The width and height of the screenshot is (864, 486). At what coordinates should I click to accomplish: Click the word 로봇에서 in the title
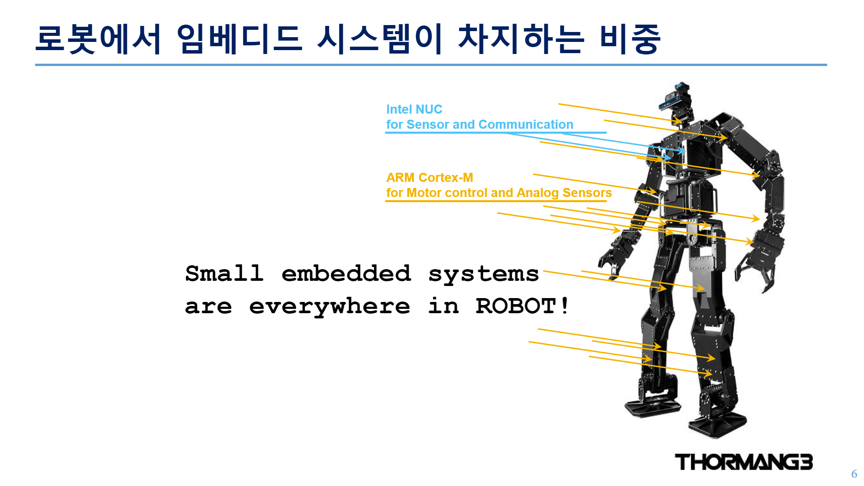pos(98,39)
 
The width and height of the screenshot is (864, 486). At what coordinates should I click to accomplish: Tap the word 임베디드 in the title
pos(239,39)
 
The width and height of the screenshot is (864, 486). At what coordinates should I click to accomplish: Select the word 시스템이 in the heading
pos(380,39)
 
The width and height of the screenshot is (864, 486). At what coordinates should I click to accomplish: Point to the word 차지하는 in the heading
pos(521,39)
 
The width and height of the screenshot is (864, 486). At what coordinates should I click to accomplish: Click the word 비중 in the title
pos(630,39)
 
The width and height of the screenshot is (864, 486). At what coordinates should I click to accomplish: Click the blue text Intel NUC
pos(414,109)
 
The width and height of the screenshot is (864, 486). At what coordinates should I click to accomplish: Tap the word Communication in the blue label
pos(526,124)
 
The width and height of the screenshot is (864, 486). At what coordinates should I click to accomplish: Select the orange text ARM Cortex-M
pos(429,178)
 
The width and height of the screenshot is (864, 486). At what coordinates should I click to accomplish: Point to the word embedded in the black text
pos(346,273)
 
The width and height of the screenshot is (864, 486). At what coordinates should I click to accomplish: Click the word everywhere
pos(330,307)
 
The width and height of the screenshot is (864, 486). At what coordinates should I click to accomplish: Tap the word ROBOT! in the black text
pos(522,306)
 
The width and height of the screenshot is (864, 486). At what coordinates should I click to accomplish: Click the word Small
pos(224,273)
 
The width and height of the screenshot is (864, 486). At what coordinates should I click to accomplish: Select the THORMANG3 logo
pos(744,462)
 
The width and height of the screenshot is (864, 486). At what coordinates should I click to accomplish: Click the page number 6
pos(854,474)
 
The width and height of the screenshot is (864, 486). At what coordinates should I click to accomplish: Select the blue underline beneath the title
pos(431,65)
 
